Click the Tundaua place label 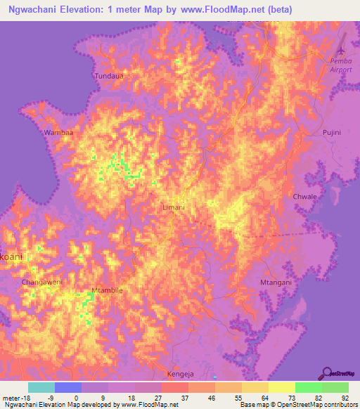[x=110, y=74]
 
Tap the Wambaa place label [x=59, y=131]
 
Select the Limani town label [x=173, y=208]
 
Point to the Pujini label [x=331, y=132]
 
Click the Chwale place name [x=304, y=196]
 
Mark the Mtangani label [x=276, y=282]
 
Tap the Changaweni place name [x=42, y=282]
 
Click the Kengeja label [x=180, y=374]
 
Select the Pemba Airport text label [x=341, y=65]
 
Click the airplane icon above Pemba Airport [x=342, y=52]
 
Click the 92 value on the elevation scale [x=344, y=398]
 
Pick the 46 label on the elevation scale [x=211, y=398]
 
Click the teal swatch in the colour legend [x=41, y=387]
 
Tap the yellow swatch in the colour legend [x=282, y=387]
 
